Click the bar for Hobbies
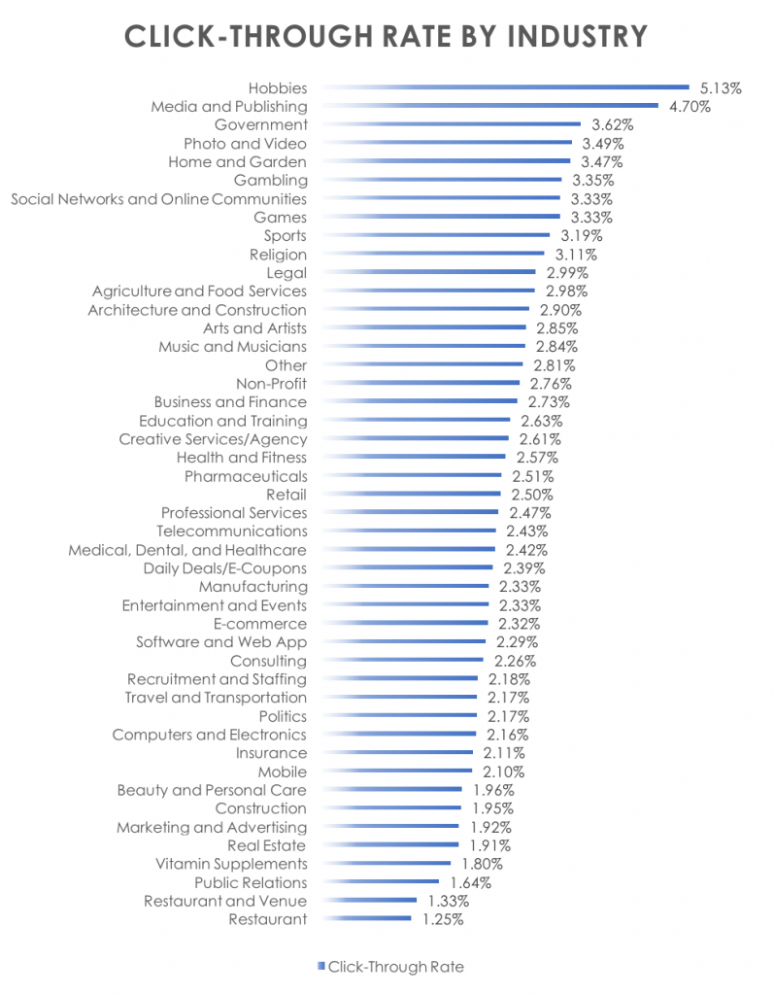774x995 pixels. (505, 87)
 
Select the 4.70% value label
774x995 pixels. (690, 107)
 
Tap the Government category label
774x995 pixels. (260, 124)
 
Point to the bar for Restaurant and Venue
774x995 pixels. (370, 901)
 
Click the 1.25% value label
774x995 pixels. (443, 919)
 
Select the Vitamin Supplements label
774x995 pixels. (231, 864)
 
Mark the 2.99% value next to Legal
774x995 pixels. (565, 273)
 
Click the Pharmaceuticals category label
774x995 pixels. (246, 476)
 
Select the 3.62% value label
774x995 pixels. (613, 124)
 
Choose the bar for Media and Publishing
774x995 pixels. (490, 106)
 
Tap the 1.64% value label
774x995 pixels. (471, 882)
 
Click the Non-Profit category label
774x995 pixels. (272, 384)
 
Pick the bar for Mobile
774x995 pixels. (398, 772)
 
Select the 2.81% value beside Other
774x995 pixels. (555, 365)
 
